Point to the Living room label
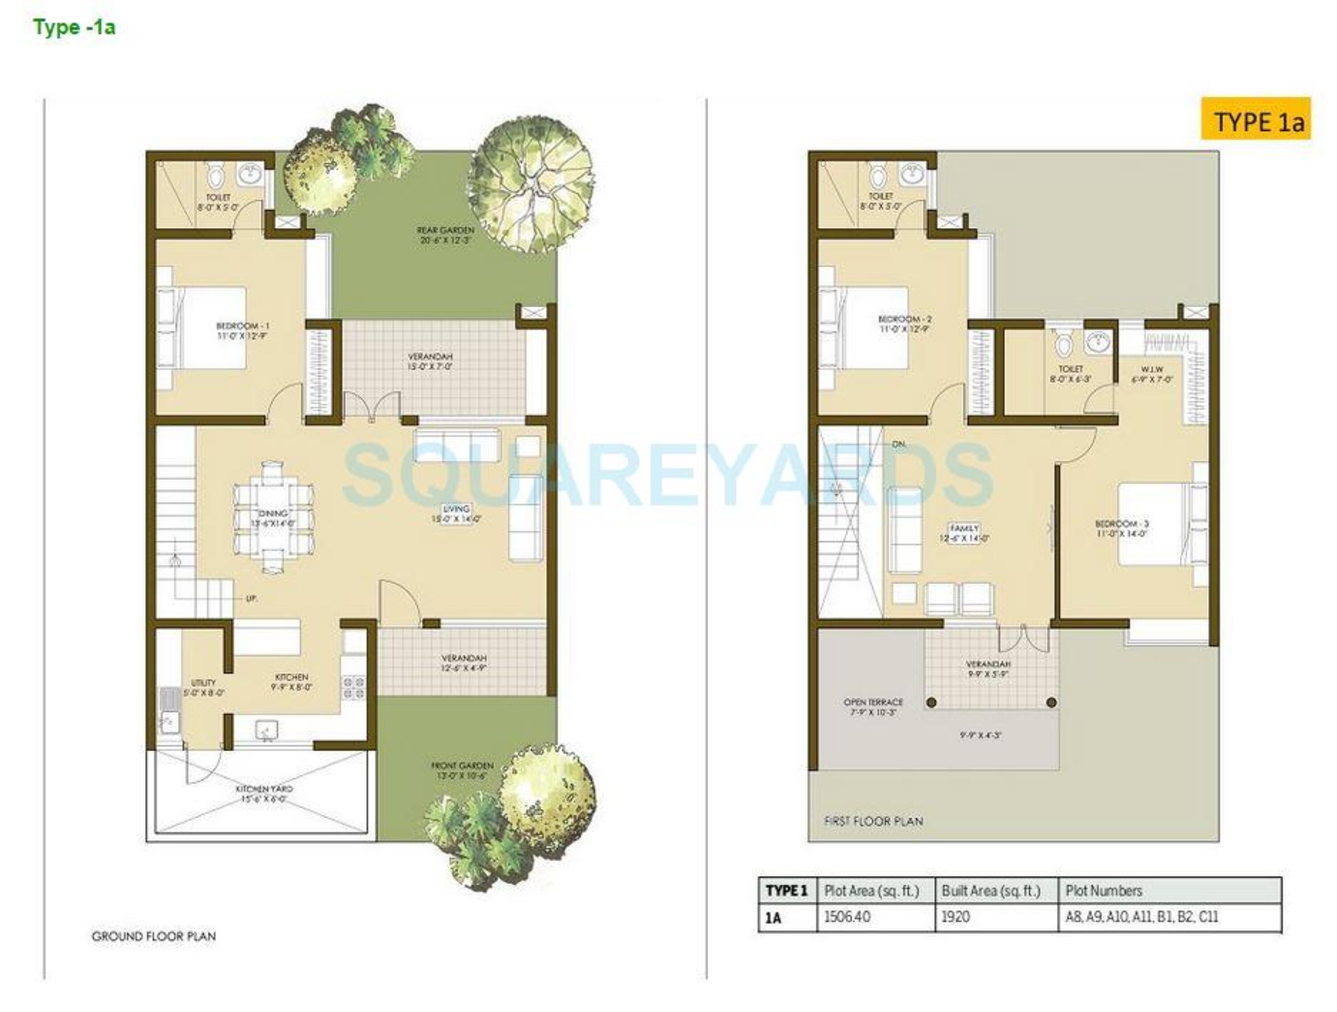point(456,514)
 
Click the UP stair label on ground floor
point(251,598)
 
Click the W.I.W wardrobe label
point(1152,374)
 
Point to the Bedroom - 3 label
point(1122,528)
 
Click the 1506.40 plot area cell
point(847,917)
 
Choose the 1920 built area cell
point(956,917)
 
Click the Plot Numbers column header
point(1103,890)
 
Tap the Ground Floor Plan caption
point(153,936)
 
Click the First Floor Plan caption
point(874,821)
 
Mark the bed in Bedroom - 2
point(870,328)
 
